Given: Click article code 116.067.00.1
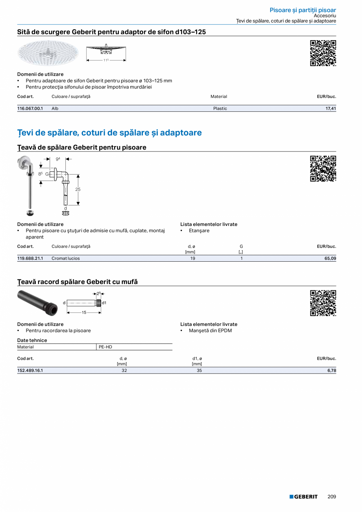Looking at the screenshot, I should click(30, 109).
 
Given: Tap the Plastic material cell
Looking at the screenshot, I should click(220, 109).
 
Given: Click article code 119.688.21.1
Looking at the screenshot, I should click(30, 259).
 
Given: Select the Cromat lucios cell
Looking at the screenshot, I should click(66, 259).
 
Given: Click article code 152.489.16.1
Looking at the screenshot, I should click(30, 370).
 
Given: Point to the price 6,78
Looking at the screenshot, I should click(332, 370).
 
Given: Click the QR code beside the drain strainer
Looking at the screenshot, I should click(323, 53).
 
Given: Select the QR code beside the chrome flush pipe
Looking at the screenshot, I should click(323, 169).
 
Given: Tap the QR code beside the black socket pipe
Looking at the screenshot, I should click(323, 303).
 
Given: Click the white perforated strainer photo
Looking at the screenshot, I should click(48, 53).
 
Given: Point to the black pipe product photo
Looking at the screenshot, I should click(38, 302).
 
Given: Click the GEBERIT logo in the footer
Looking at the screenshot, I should click(303, 497).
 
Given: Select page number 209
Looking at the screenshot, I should click(332, 497).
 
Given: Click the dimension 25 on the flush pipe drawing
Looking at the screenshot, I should click(78, 189).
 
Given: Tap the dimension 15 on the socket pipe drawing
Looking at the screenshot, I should click(84, 312).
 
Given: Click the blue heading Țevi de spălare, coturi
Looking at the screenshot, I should click(109, 133).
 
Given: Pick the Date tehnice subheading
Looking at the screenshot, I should click(32, 340).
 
